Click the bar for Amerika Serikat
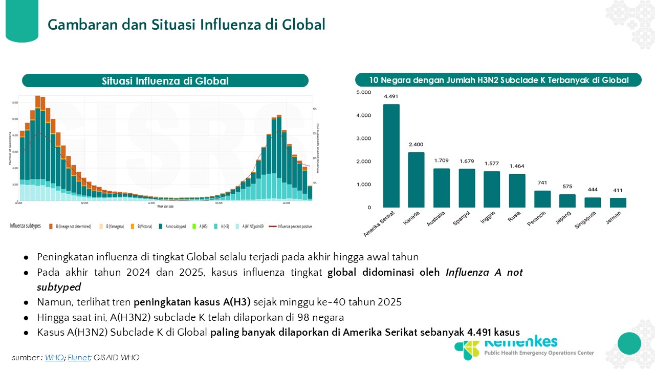391,156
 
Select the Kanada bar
416,180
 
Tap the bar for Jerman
618,202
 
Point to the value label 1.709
441,160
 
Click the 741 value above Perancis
542,183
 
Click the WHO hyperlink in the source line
54,358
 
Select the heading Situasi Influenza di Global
165,81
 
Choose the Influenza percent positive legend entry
294,226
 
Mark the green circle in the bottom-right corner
629,343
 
